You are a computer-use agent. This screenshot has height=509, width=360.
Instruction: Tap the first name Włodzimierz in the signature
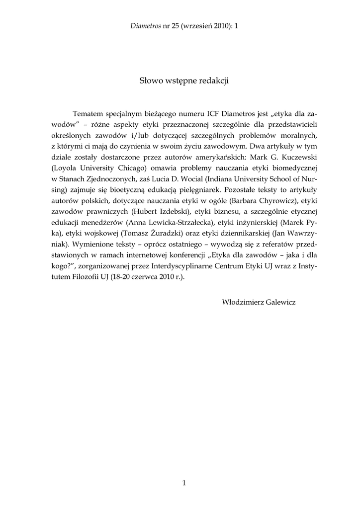pyautogui.click(x=242, y=302)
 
